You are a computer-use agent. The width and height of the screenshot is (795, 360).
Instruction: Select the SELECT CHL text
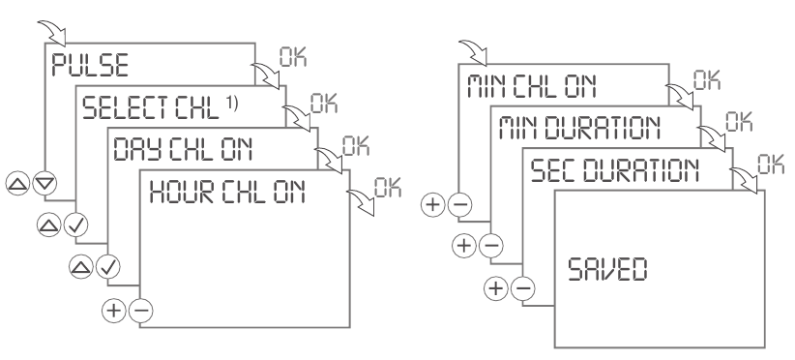141,106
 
